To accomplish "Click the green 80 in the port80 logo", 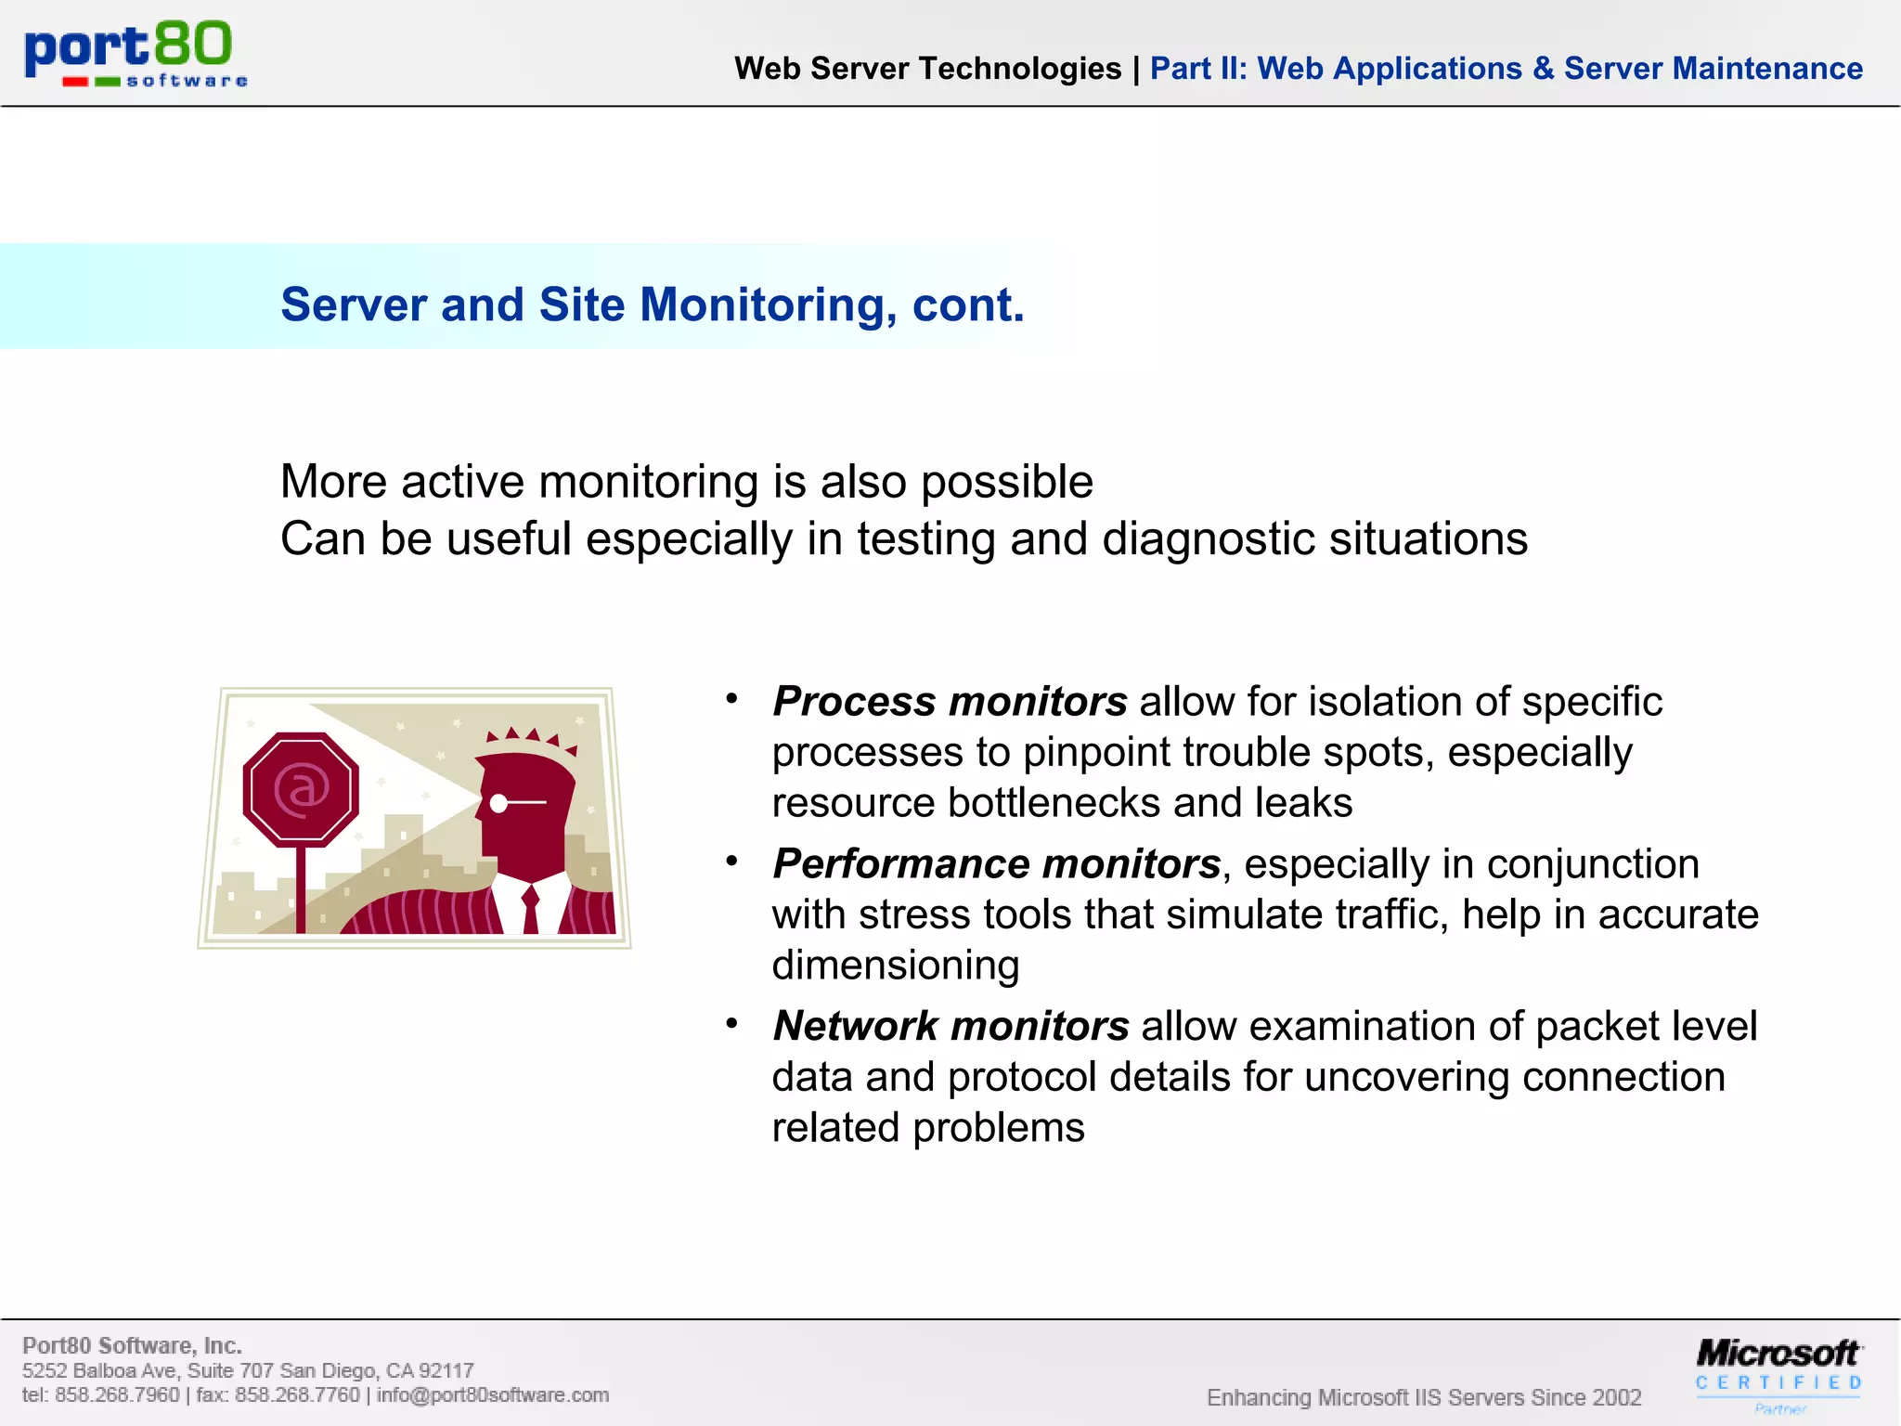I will (192, 45).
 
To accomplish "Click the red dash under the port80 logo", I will (75, 82).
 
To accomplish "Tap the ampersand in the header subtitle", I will (1543, 69).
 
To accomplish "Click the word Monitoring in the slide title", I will (769, 305).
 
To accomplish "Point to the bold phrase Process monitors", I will (950, 701).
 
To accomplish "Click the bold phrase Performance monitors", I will (996, 863).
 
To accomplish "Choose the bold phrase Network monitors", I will (950, 1026).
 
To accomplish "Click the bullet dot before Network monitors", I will (731, 1023).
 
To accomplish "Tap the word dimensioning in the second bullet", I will (896, 966).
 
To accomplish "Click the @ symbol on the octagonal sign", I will (302, 789).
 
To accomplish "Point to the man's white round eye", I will (499, 803).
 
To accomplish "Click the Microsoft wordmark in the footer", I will (1777, 1353).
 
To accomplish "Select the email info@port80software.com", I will (492, 1394).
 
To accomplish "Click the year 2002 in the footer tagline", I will (1616, 1397).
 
